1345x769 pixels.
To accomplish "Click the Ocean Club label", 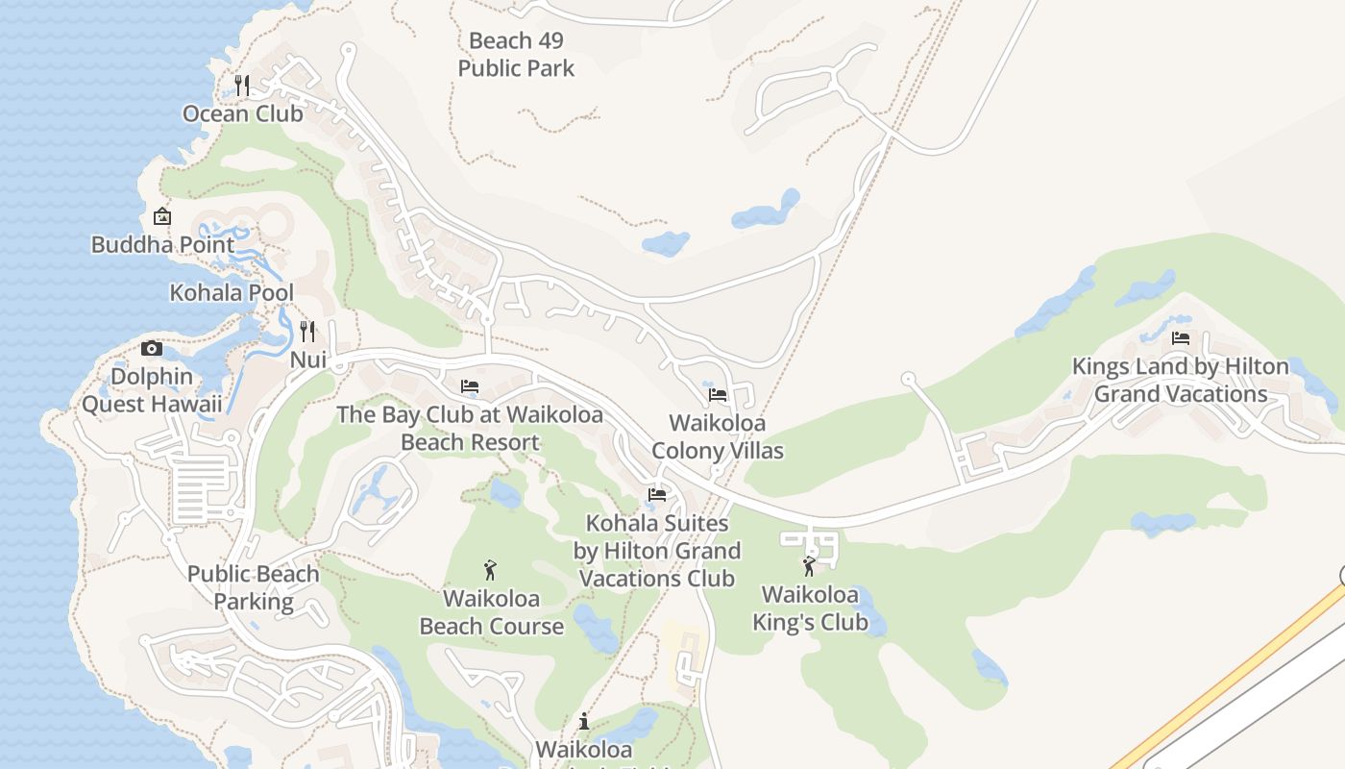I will pyautogui.click(x=243, y=113).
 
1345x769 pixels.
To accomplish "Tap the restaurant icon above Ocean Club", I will pyautogui.click(x=242, y=86).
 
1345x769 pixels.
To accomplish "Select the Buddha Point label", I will pyautogui.click(x=162, y=244).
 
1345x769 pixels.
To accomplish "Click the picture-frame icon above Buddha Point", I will pyautogui.click(x=162, y=216).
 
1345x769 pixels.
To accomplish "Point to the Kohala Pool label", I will pyautogui.click(x=232, y=292).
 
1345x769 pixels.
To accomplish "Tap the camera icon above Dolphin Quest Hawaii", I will pyautogui.click(x=152, y=349).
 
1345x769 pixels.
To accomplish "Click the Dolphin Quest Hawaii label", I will pyautogui.click(x=152, y=390).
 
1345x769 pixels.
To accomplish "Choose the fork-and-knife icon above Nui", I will pyautogui.click(x=307, y=332).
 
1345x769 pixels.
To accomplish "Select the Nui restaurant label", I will pyautogui.click(x=308, y=360).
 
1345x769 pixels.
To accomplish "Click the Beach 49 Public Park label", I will pyautogui.click(x=516, y=55).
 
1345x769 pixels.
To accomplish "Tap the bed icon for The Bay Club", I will pyautogui.click(x=470, y=386).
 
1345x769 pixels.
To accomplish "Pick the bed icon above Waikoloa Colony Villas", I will pyautogui.click(x=718, y=394).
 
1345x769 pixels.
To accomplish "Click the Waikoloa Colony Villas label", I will pyautogui.click(x=718, y=436).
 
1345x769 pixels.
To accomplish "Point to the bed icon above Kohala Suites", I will pyautogui.click(x=657, y=495).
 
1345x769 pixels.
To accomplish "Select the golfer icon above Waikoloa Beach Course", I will pyautogui.click(x=491, y=570).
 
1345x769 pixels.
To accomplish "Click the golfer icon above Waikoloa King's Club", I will pyautogui.click(x=809, y=566).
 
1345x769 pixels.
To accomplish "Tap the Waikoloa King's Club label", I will pyautogui.click(x=810, y=608).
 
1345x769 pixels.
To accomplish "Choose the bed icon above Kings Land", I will pyautogui.click(x=1181, y=338).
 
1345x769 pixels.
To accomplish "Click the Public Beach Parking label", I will pyautogui.click(x=254, y=587).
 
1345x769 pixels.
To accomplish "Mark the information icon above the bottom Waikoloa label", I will pyautogui.click(x=584, y=721).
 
